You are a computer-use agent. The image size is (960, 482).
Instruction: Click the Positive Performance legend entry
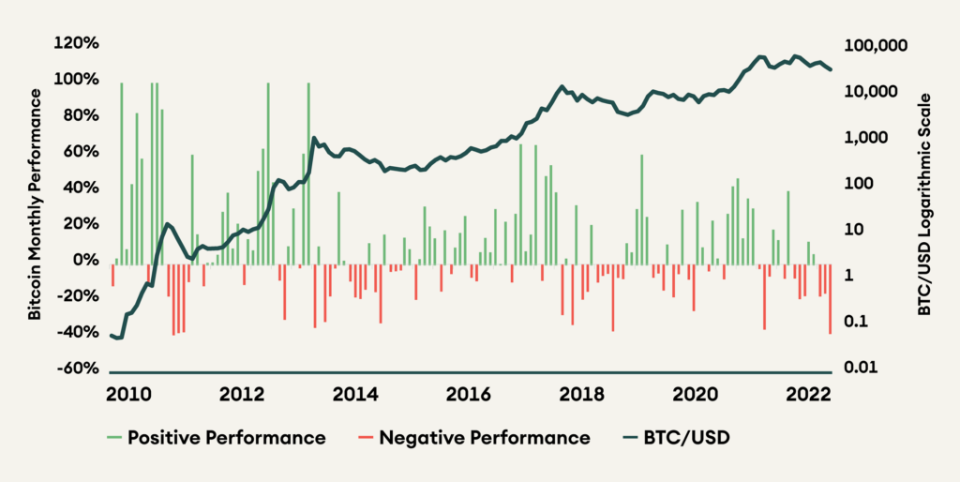coord(226,438)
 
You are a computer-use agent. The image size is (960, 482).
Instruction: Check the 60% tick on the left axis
coord(82,152)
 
